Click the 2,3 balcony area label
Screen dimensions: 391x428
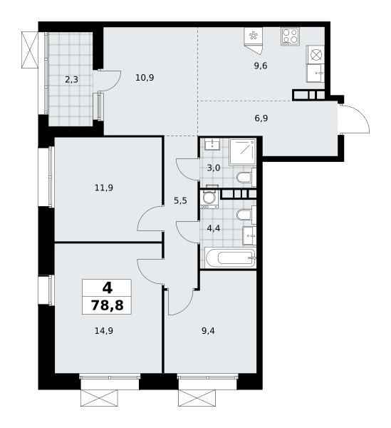[71, 80]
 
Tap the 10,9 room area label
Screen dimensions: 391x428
[145, 78]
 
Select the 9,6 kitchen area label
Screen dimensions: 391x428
[261, 66]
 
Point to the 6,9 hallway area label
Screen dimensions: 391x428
[261, 118]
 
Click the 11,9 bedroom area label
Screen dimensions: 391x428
[104, 188]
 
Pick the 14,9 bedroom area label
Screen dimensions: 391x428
[104, 331]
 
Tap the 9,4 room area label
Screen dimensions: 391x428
[208, 331]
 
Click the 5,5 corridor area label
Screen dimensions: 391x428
[180, 201]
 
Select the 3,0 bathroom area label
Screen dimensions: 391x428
[214, 168]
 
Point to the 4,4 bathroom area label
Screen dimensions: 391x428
[214, 228]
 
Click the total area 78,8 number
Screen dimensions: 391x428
[107, 305]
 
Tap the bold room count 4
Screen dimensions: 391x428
[108, 288]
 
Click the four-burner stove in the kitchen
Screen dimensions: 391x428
[290, 36]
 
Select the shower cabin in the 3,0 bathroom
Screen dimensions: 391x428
[242, 152]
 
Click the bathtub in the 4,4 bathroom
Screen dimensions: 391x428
[231, 258]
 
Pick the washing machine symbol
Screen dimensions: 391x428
[209, 199]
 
